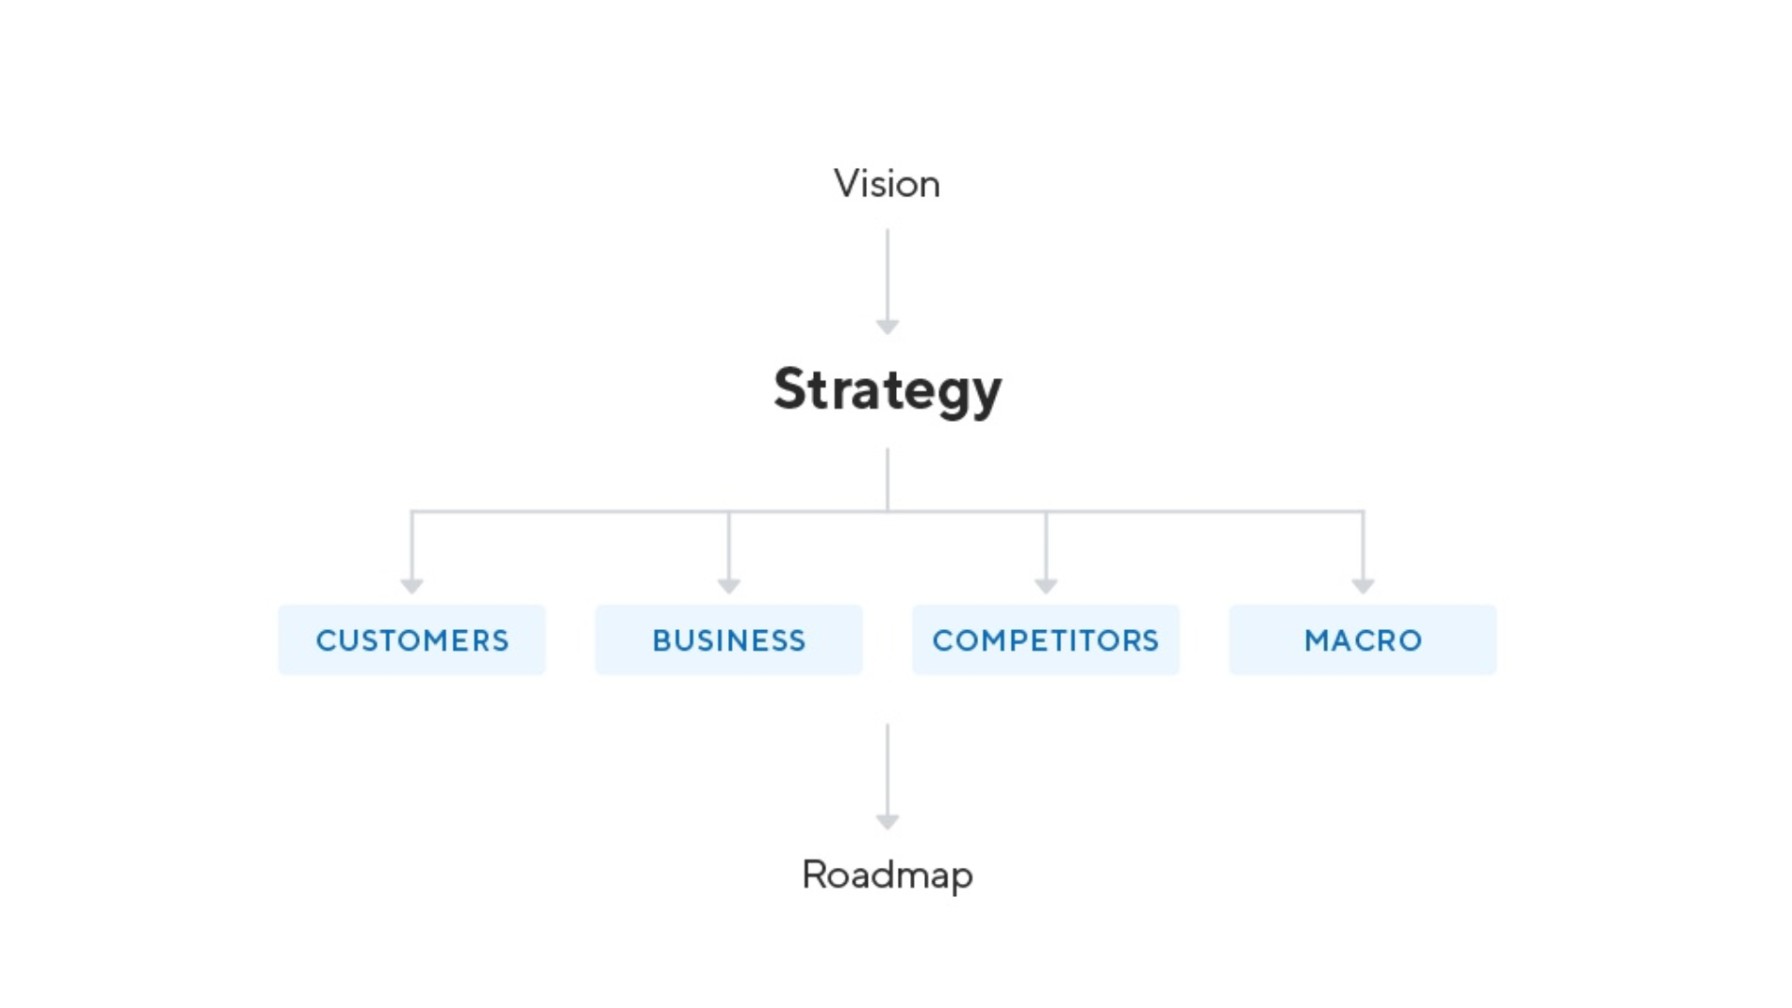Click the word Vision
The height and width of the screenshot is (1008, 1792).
tap(887, 184)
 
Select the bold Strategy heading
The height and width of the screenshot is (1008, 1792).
tap(887, 389)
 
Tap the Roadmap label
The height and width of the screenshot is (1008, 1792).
tap(887, 875)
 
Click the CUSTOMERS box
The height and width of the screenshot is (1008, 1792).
tap(412, 640)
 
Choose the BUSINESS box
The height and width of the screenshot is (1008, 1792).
tap(729, 640)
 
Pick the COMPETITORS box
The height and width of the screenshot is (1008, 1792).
tap(1045, 640)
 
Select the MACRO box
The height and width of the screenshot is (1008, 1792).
tap(1363, 640)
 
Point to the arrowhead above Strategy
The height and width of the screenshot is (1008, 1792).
tap(888, 326)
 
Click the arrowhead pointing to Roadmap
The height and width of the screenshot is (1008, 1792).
tap(888, 821)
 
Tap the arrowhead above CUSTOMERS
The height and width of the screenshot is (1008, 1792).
tap(412, 585)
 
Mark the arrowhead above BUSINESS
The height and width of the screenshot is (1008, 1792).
tap(729, 585)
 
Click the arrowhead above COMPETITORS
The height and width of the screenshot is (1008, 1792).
tap(1046, 585)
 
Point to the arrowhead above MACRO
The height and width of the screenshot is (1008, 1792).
tap(1363, 585)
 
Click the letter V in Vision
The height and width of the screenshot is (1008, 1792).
tap(846, 184)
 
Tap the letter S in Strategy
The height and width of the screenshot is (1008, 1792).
tap(790, 388)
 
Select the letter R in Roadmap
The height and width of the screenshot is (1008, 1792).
tap(814, 875)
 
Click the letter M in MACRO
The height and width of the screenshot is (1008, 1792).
tap(1317, 640)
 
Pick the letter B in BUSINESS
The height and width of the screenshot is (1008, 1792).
tap(661, 640)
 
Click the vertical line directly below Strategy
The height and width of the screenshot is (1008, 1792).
tap(888, 478)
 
